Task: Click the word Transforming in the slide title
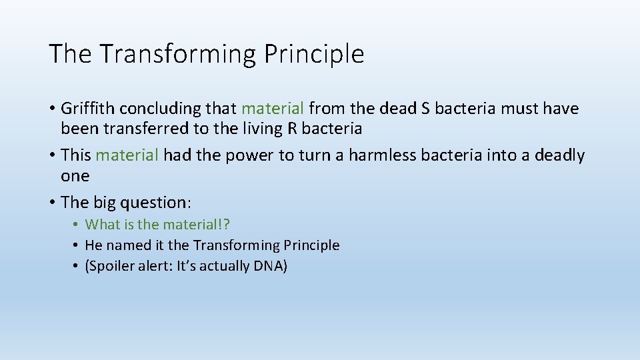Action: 176,54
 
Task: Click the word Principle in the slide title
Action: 314,54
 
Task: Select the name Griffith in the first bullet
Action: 85,108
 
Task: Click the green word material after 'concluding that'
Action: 273,108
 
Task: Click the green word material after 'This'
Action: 127,155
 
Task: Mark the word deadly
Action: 559,155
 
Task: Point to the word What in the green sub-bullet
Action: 101,225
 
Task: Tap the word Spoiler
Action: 112,266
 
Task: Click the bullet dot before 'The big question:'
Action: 52,202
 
